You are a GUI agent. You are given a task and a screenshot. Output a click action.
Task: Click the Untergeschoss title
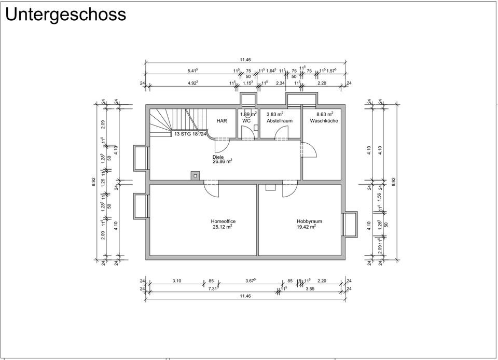65,14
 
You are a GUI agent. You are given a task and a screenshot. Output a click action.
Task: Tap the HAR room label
222,121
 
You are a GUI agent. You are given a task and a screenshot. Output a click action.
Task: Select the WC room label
246,121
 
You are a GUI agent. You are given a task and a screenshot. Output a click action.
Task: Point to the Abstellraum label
280,121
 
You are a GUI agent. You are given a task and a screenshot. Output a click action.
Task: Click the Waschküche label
324,121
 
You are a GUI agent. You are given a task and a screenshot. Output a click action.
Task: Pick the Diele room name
218,156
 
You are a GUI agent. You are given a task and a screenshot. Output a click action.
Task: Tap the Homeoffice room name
223,221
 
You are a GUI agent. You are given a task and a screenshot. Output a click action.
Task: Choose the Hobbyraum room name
309,221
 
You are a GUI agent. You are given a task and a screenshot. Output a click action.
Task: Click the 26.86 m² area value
223,162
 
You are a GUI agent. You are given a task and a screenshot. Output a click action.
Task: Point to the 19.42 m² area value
307,227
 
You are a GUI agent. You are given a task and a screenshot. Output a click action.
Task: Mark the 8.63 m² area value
325,114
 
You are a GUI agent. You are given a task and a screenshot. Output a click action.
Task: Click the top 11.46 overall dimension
245,60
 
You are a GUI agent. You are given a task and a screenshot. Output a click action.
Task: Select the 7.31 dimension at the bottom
213,288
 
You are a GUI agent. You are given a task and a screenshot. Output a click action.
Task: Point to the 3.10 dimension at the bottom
176,281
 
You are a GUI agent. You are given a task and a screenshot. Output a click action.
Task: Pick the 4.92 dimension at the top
192,83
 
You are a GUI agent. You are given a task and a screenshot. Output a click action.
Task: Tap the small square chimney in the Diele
195,175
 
